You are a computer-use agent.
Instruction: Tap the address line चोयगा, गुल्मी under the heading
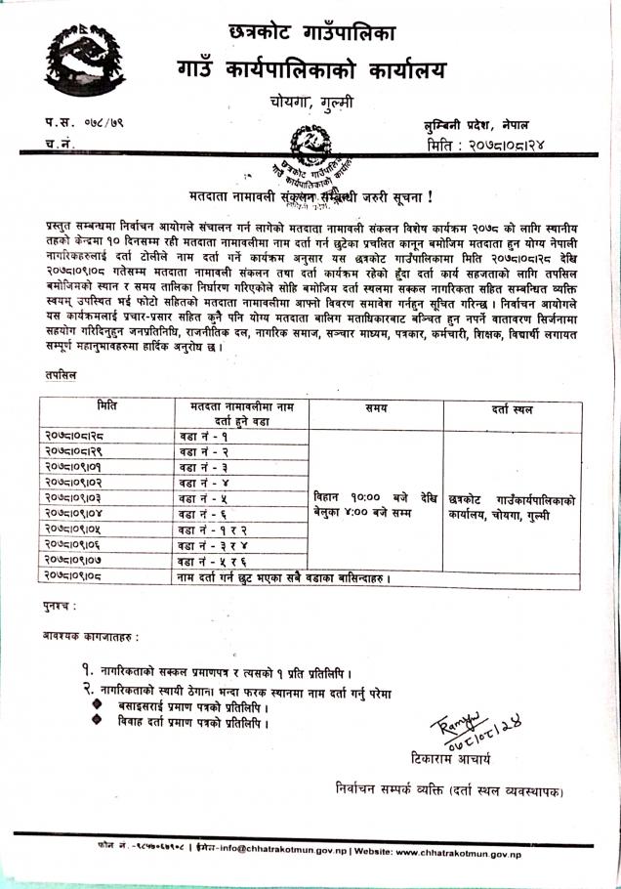pyautogui.click(x=311, y=101)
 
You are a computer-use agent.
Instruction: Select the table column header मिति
pyautogui.click(x=107, y=405)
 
